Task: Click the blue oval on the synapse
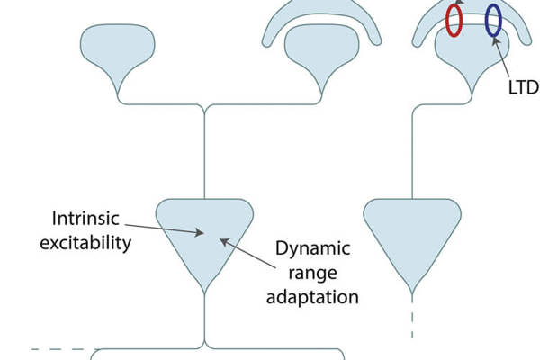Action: coord(493,20)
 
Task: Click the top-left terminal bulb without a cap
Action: coord(118,56)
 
